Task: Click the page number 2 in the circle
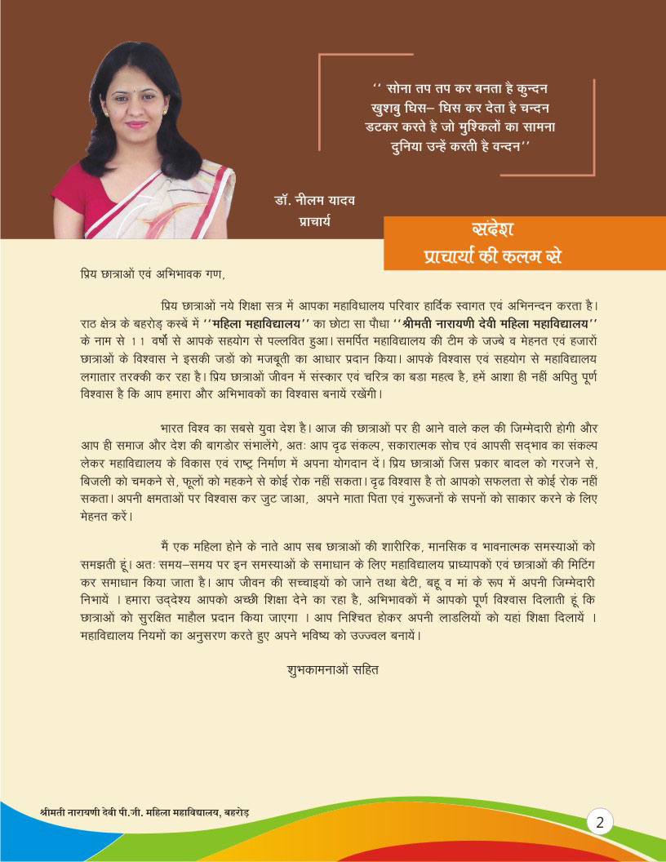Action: coord(599,821)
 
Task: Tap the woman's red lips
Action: coord(137,125)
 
